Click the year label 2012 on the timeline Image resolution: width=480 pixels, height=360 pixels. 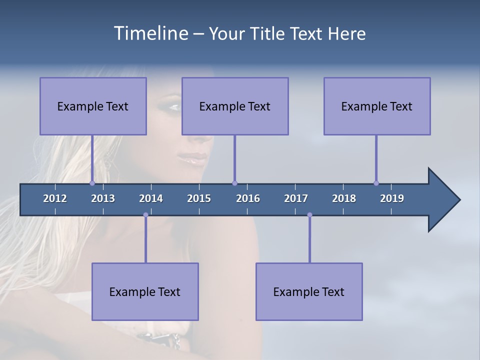(x=55, y=198)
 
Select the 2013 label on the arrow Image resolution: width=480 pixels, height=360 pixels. (x=103, y=198)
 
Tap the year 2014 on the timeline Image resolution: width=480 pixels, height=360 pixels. (x=151, y=198)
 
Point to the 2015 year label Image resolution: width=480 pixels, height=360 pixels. (x=199, y=198)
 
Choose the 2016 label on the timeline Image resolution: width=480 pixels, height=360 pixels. (x=248, y=198)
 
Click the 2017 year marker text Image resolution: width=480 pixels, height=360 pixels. (x=296, y=198)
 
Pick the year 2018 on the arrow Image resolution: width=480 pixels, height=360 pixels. (x=344, y=198)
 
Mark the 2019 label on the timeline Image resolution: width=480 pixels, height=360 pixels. (x=392, y=198)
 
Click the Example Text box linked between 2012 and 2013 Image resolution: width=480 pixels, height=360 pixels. (x=93, y=106)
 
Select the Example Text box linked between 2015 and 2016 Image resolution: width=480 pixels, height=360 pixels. (x=235, y=106)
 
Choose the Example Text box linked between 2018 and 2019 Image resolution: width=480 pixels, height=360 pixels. (x=377, y=106)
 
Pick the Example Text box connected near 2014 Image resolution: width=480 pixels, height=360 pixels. (x=145, y=291)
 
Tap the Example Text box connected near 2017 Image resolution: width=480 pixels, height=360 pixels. (x=309, y=291)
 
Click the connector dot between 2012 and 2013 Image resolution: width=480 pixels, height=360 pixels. (x=92, y=183)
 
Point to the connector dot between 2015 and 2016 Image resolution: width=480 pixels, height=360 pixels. (x=234, y=183)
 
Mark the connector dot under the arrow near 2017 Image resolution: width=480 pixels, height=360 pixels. (x=309, y=215)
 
